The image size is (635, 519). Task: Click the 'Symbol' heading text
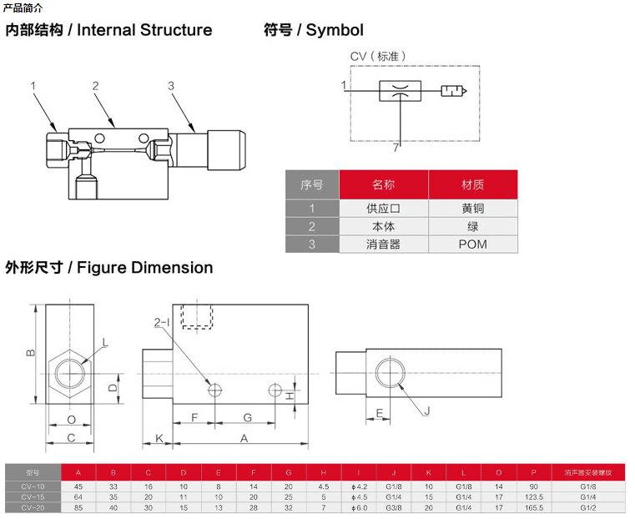(x=335, y=30)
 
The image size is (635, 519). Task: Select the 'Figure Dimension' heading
(x=145, y=268)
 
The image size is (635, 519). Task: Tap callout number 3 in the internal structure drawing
(x=170, y=86)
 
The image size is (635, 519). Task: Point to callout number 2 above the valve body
(x=96, y=86)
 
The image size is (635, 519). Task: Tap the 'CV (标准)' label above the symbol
(x=378, y=57)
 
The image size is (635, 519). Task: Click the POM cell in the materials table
(x=472, y=244)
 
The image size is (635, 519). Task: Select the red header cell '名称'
(x=383, y=185)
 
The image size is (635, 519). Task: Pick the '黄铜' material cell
(x=472, y=209)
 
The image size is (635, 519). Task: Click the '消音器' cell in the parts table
(x=383, y=244)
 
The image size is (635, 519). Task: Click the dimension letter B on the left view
(x=29, y=353)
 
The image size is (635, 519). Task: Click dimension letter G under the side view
(x=247, y=416)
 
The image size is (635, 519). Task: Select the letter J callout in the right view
(x=426, y=410)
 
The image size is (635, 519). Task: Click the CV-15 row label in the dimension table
(x=33, y=496)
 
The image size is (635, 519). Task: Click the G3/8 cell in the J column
(x=393, y=507)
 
